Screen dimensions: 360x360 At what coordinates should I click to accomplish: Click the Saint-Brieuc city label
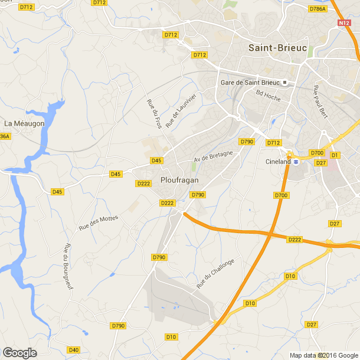277,48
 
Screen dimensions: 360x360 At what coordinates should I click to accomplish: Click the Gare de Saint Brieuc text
250,82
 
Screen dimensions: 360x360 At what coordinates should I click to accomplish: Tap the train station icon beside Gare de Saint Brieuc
284,82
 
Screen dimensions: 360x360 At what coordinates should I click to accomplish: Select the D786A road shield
318,9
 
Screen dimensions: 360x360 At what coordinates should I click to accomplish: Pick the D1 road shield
335,155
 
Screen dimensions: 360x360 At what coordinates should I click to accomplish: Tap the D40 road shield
73,350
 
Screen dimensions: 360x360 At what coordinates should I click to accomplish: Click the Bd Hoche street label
269,95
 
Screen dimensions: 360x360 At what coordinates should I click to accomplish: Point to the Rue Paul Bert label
320,101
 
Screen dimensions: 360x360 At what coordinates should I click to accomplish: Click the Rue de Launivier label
180,110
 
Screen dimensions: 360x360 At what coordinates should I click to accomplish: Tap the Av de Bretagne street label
213,156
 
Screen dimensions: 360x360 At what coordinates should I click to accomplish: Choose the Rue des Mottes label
99,222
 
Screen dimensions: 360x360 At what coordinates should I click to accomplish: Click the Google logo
19,353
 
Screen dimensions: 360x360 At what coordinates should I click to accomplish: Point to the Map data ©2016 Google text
323,355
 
